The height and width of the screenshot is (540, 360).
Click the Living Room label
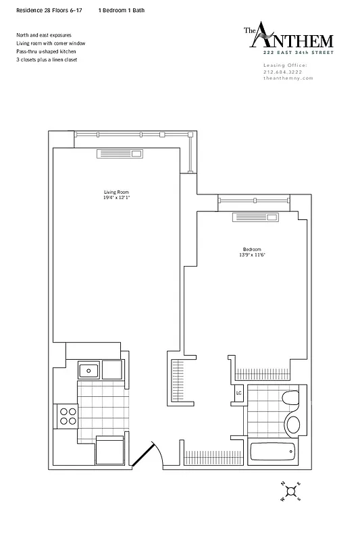[x=112, y=192]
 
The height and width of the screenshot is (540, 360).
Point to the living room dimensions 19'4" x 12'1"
[x=112, y=198]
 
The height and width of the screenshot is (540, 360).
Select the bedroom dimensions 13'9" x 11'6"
[x=251, y=254]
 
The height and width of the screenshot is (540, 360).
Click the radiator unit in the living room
[x=119, y=155]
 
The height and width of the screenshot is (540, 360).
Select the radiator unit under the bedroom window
[x=255, y=217]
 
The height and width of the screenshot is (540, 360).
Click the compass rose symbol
[x=290, y=491]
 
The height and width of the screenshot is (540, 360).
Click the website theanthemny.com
[x=288, y=78]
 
